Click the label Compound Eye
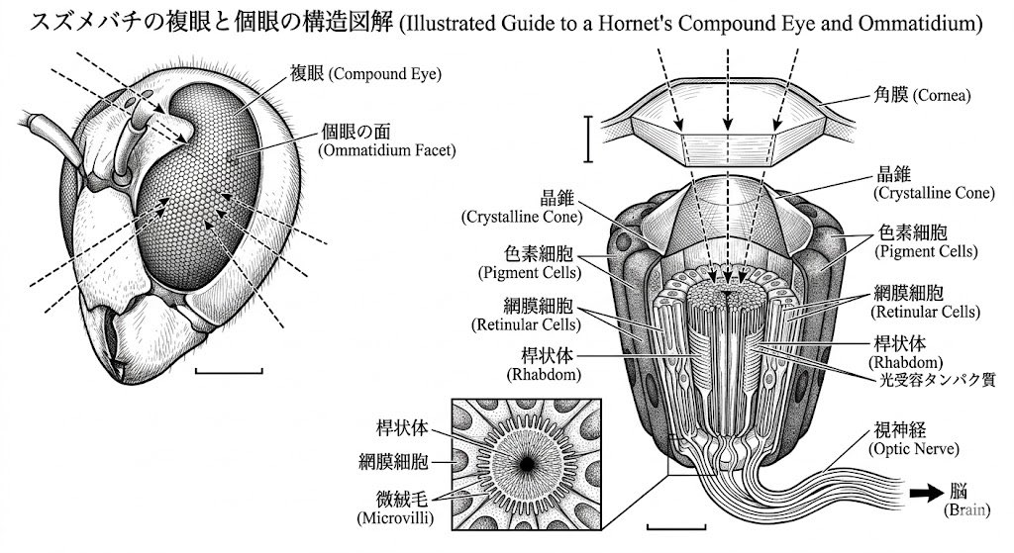point(365,73)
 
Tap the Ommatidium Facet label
point(387,140)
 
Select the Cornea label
point(922,95)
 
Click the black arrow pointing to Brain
point(927,494)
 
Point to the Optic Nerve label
point(914,439)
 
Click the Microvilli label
point(395,508)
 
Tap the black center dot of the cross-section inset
point(527,464)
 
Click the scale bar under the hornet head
point(229,371)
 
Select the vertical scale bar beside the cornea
point(588,138)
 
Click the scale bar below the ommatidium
point(675,526)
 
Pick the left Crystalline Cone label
point(522,208)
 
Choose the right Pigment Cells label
point(926,241)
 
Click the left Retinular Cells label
point(526,315)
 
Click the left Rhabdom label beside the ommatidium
point(544,365)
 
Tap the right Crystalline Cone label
point(934,183)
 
